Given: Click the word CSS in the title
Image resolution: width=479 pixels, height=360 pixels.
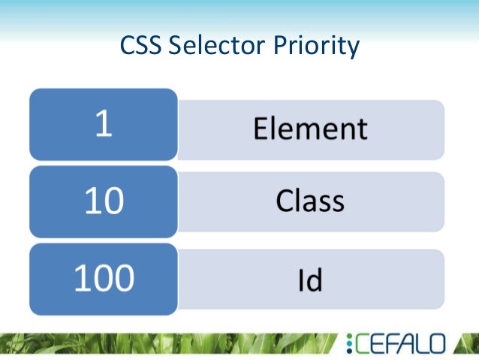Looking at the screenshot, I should (141, 47).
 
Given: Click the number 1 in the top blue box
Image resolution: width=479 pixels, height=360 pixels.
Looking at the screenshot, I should (104, 124).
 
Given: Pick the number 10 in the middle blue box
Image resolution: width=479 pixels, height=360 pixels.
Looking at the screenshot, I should (104, 201).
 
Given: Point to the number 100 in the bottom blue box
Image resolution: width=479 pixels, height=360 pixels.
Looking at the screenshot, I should (104, 278).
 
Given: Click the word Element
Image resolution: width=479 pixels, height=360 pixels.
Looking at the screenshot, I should (310, 129).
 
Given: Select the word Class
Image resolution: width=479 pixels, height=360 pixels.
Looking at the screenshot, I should (310, 201).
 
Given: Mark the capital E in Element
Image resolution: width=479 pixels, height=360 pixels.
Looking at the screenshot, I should (261, 129).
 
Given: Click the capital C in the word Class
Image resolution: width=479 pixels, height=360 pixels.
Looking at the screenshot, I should (284, 201).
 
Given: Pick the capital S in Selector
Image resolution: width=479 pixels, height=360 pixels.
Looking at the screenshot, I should (176, 47).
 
